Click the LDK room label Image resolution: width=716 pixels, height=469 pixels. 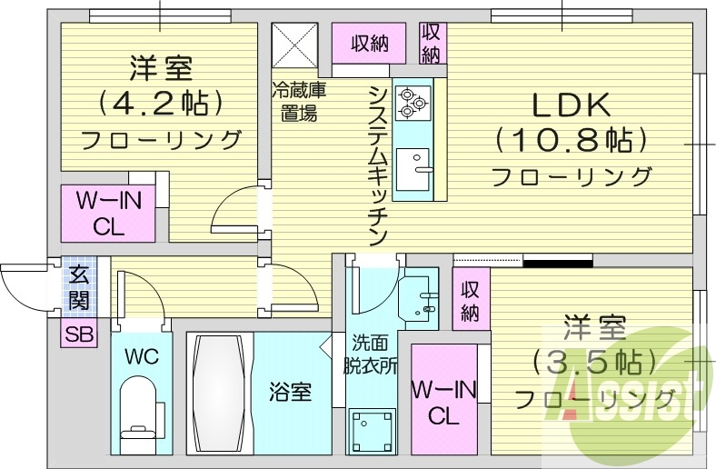[x=571, y=105]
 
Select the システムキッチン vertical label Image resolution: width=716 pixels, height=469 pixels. [x=379, y=164]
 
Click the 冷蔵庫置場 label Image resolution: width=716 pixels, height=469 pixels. [x=299, y=102]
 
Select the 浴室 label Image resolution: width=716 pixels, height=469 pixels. [x=291, y=393]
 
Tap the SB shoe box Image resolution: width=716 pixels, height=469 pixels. [x=78, y=334]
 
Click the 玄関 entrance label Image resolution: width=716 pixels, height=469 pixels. [x=78, y=284]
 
